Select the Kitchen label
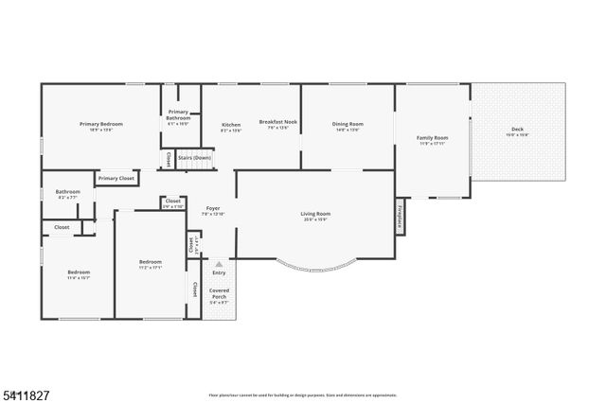click(x=231, y=125)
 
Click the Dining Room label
click(x=347, y=124)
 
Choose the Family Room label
click(x=433, y=138)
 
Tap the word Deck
click(x=517, y=129)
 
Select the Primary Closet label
click(x=116, y=178)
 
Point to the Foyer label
click(x=212, y=209)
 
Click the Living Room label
click(x=316, y=214)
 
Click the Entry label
click(x=219, y=272)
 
